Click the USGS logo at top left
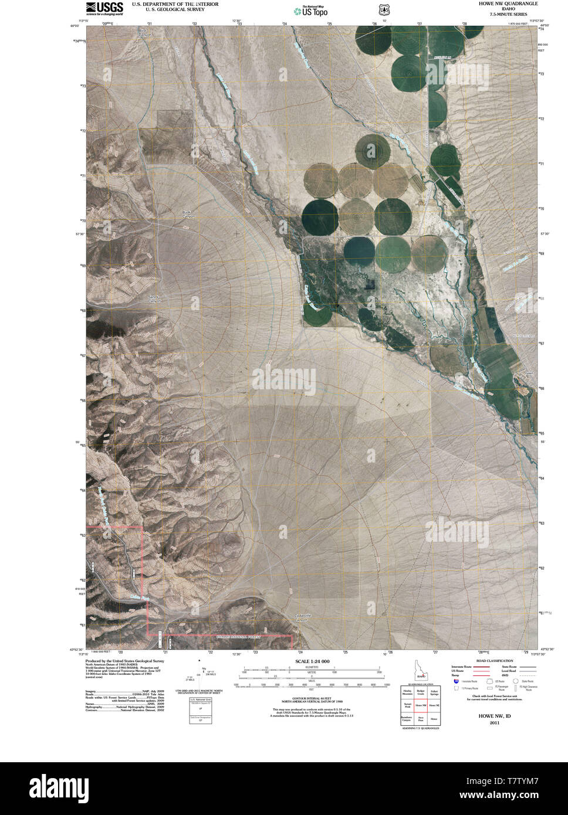(104, 8)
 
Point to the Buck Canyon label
(188, 214)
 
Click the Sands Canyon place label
(154, 298)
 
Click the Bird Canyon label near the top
(144, 33)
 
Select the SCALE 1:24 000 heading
(313, 661)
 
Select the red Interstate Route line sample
(482, 667)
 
